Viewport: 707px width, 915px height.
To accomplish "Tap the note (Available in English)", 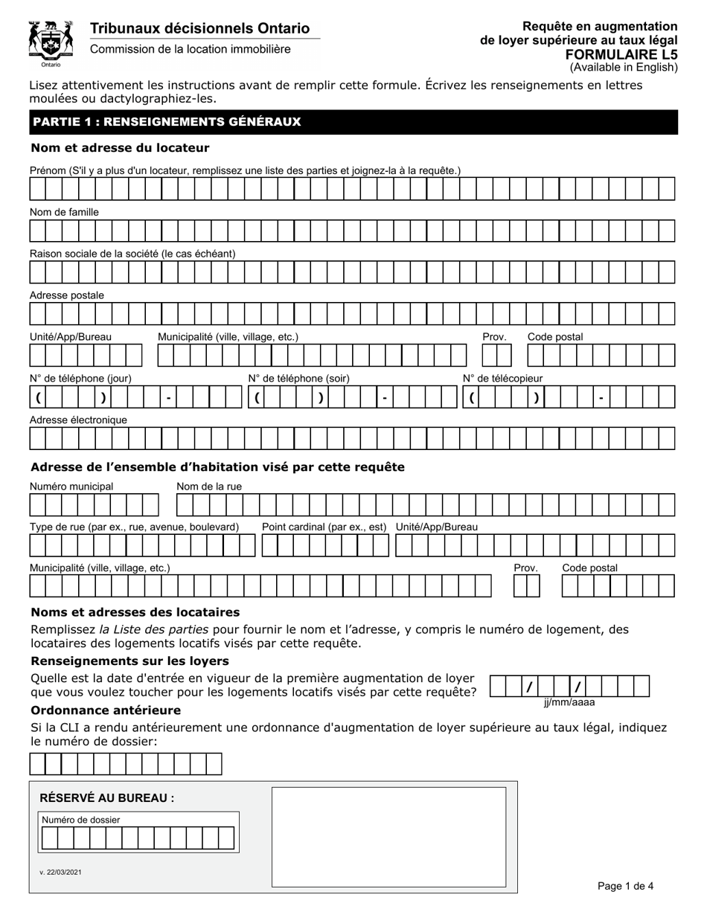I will (624, 68).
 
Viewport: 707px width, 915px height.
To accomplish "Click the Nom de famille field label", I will (64, 212).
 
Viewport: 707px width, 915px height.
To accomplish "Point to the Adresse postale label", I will (67, 295).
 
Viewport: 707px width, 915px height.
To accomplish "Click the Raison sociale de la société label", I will (132, 254).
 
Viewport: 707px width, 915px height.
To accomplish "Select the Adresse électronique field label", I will (78, 420).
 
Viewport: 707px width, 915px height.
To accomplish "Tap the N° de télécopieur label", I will (502, 378).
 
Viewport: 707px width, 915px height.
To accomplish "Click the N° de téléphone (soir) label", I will (298, 378).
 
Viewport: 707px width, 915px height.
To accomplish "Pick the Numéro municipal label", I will (71, 487).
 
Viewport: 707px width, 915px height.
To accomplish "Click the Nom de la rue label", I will (209, 487).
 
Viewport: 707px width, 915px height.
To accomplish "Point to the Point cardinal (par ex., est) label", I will (324, 527).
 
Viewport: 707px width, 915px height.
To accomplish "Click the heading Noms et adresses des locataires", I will (135, 612).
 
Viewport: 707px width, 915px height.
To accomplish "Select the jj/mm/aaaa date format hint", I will (569, 701).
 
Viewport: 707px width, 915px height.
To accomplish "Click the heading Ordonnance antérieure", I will (105, 710).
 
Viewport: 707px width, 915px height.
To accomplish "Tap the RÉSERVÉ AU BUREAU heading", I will (106, 798).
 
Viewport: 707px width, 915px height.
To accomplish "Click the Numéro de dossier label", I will (81, 820).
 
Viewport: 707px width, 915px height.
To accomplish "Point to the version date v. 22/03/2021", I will (60, 872).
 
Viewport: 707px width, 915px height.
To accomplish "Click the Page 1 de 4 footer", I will (625, 885).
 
